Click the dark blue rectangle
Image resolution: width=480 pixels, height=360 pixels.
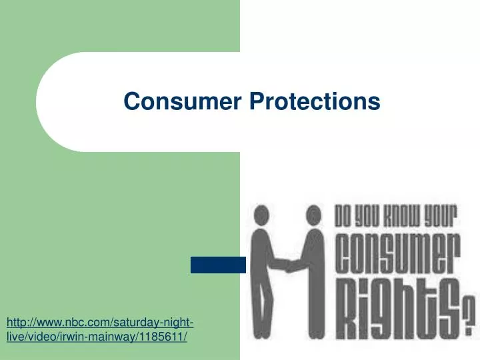click(x=218, y=265)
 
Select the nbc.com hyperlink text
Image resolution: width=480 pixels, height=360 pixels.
click(x=100, y=323)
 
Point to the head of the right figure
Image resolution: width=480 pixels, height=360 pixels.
click(x=312, y=215)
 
